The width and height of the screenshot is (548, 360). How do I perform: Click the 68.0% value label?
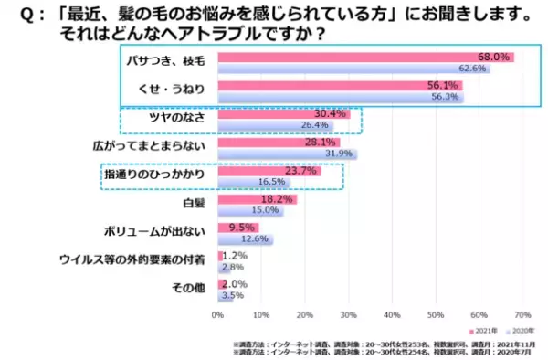click(494, 58)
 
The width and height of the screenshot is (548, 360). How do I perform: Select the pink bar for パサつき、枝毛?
click(365, 58)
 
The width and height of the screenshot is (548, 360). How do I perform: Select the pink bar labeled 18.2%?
click(257, 198)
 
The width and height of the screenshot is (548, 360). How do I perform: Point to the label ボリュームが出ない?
click(163, 228)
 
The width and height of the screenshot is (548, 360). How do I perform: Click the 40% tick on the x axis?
click(392, 313)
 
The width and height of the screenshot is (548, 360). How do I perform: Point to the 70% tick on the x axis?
click(522, 313)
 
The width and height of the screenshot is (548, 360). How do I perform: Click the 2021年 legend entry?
click(484, 330)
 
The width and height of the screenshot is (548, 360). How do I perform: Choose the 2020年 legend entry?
click(522, 330)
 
